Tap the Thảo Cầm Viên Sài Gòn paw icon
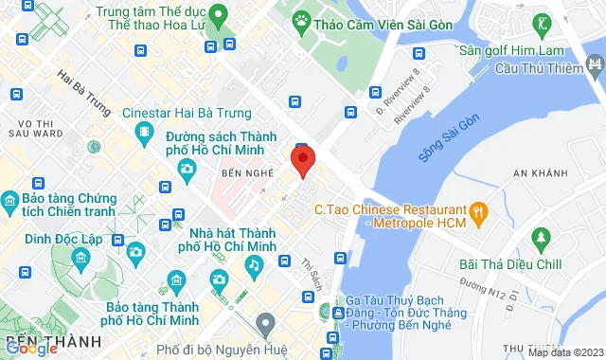[x=300, y=20]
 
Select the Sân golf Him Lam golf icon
[x=543, y=21]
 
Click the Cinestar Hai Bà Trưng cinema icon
[x=142, y=134]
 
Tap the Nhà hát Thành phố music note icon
[x=253, y=266]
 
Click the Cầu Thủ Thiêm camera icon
[x=595, y=65]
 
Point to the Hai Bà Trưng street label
[x=83, y=87]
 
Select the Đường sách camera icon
[x=187, y=169]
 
